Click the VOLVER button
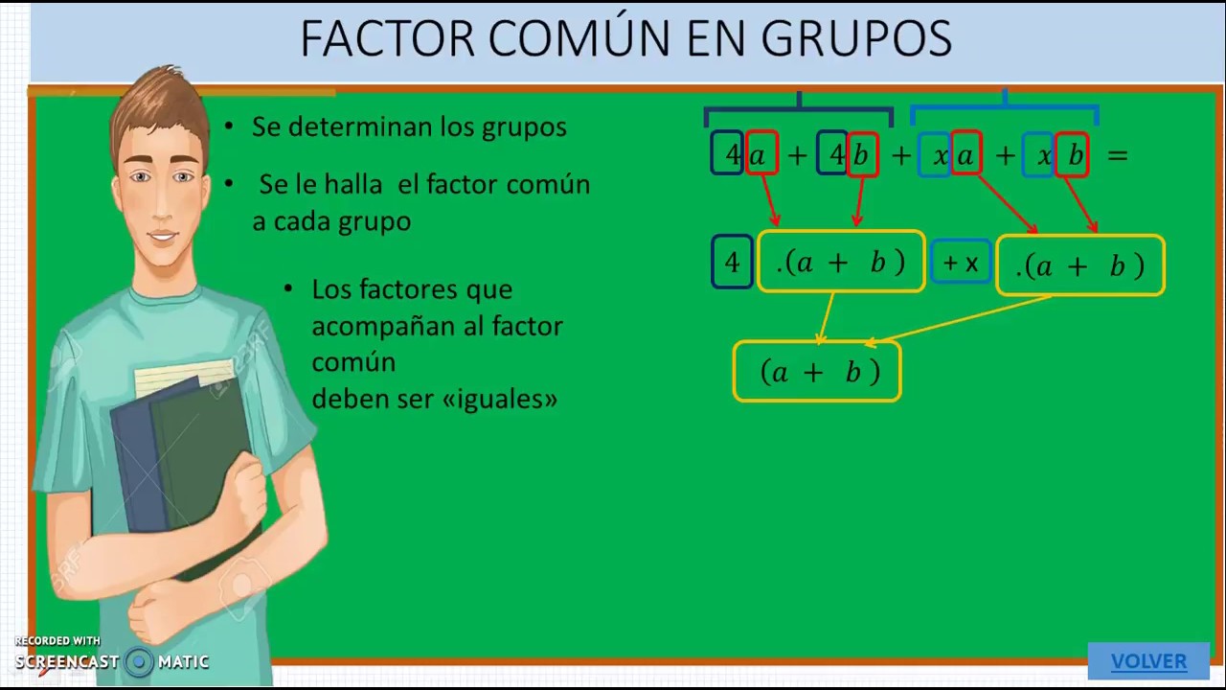[x=1148, y=661]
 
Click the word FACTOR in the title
[x=387, y=39]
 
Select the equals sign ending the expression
[x=1117, y=154]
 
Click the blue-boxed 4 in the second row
[x=732, y=263]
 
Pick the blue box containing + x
[x=961, y=263]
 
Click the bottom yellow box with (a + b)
[x=817, y=372]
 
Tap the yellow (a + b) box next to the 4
[x=841, y=262]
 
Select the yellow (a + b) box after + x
[x=1080, y=265]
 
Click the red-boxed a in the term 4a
[x=761, y=153]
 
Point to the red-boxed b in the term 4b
[x=862, y=154]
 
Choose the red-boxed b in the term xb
[x=1073, y=154]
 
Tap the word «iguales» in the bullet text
[x=500, y=399]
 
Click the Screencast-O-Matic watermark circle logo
[x=139, y=661]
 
